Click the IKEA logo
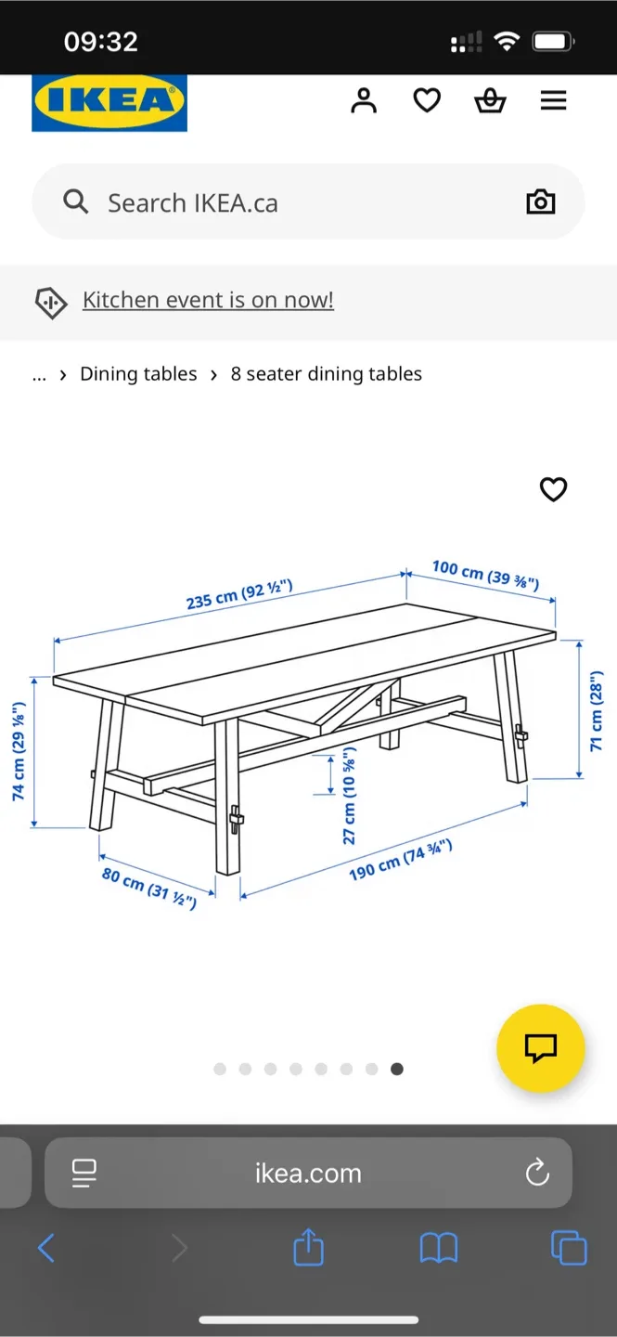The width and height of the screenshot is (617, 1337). coord(109,102)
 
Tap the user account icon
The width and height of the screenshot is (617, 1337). coord(364,100)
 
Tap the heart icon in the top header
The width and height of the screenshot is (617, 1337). coord(427,100)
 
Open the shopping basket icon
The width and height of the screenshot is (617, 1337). coord(490,100)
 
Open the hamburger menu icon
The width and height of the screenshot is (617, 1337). coord(553,100)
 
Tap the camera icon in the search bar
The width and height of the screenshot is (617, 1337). coord(540,202)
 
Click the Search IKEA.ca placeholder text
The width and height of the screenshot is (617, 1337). coord(192,203)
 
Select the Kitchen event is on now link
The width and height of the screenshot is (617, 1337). coord(208,300)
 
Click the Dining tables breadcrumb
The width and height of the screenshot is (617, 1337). coord(138,374)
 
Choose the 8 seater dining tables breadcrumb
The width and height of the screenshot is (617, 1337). coord(326,374)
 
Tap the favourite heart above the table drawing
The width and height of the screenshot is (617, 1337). coord(553,489)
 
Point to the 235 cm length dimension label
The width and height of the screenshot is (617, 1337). coord(239,594)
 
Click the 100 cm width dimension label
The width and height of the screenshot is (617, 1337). coord(485,575)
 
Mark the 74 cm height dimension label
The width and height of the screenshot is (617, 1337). coord(19,751)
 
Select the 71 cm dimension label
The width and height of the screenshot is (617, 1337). coord(596,710)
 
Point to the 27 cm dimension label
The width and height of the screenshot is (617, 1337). coord(350,796)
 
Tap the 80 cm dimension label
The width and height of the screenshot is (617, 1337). coord(148,888)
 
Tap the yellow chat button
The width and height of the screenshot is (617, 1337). coord(540,1048)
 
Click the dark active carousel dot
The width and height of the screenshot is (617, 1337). coord(397,1070)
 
